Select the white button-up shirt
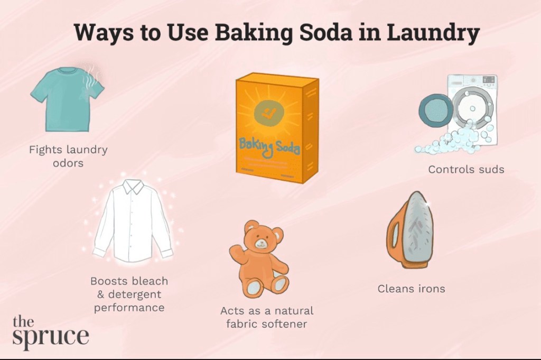coord(133,221)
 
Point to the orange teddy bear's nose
coord(262,243)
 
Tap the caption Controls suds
coord(466,170)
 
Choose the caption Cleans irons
coord(411,289)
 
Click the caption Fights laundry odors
coord(68,156)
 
